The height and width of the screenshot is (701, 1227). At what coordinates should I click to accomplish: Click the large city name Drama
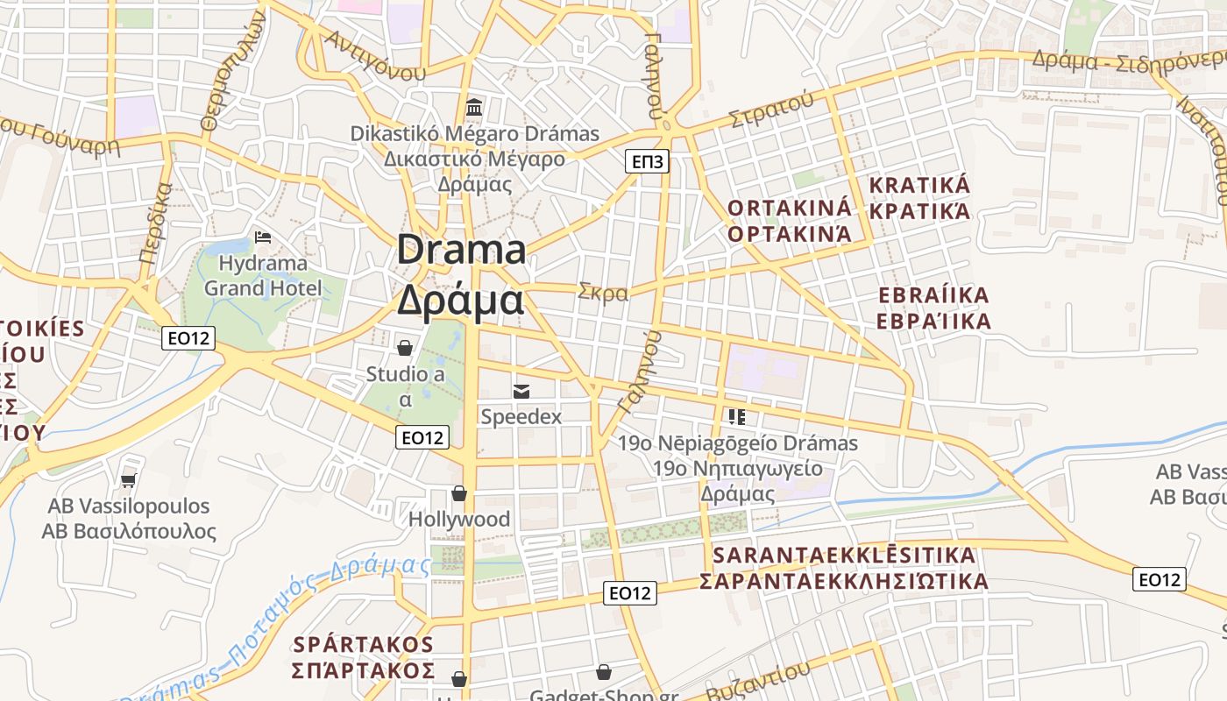click(x=462, y=251)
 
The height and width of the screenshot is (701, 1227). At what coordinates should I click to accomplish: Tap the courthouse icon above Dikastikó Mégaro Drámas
click(x=474, y=108)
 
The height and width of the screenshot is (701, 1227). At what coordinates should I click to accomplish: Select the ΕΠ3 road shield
click(x=648, y=161)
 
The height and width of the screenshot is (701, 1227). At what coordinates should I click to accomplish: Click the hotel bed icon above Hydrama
click(x=262, y=237)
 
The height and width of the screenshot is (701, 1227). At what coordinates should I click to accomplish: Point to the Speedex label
click(x=521, y=417)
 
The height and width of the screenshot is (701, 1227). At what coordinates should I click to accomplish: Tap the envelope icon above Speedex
click(x=521, y=391)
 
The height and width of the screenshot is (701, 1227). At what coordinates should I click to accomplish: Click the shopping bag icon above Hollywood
click(x=459, y=494)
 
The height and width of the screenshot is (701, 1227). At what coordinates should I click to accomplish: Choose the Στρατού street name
click(x=771, y=109)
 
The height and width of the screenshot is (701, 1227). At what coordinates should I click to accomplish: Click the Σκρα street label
click(x=603, y=292)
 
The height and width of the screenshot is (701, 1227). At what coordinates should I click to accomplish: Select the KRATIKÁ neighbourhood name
click(x=919, y=186)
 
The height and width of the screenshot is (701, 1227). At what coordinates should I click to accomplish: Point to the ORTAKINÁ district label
click(x=790, y=209)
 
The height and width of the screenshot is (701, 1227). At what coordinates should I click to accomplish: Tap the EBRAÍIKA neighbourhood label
click(x=933, y=295)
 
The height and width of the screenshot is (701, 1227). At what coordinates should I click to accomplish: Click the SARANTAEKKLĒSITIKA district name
click(x=844, y=556)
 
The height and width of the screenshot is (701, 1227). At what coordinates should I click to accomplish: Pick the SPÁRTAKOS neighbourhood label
click(x=363, y=645)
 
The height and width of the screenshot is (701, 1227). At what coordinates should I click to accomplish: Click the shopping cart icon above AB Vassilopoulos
click(x=129, y=479)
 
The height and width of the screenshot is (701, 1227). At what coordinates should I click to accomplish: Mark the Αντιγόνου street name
click(x=374, y=55)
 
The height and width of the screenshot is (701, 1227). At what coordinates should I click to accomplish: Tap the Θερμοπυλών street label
click(x=232, y=74)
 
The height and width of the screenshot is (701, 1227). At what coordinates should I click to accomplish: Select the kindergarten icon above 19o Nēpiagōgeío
click(x=736, y=417)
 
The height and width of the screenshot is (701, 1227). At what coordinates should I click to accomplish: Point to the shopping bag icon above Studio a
click(x=405, y=348)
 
